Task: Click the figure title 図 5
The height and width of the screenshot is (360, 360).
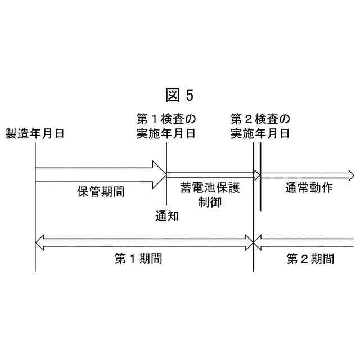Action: coord(180,95)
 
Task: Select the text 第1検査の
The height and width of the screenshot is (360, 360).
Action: coord(166,119)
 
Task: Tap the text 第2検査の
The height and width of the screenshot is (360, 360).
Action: coord(260,119)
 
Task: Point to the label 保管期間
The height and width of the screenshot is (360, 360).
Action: coord(101,191)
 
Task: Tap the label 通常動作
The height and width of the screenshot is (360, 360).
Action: coord(308,188)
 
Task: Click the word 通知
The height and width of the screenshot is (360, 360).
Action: coord(166,215)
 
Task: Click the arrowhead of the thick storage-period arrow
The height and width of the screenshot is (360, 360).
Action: coord(159,174)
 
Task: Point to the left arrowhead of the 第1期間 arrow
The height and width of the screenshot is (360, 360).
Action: coord(39,242)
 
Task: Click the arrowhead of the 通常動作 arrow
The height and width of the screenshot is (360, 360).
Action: coord(350,175)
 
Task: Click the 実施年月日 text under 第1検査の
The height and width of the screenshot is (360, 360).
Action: coord(166,134)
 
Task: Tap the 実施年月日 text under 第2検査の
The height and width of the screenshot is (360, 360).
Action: coord(260,134)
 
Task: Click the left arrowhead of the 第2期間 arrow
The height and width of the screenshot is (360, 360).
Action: coord(258,242)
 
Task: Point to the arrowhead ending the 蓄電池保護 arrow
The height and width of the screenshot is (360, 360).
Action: coord(257,174)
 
